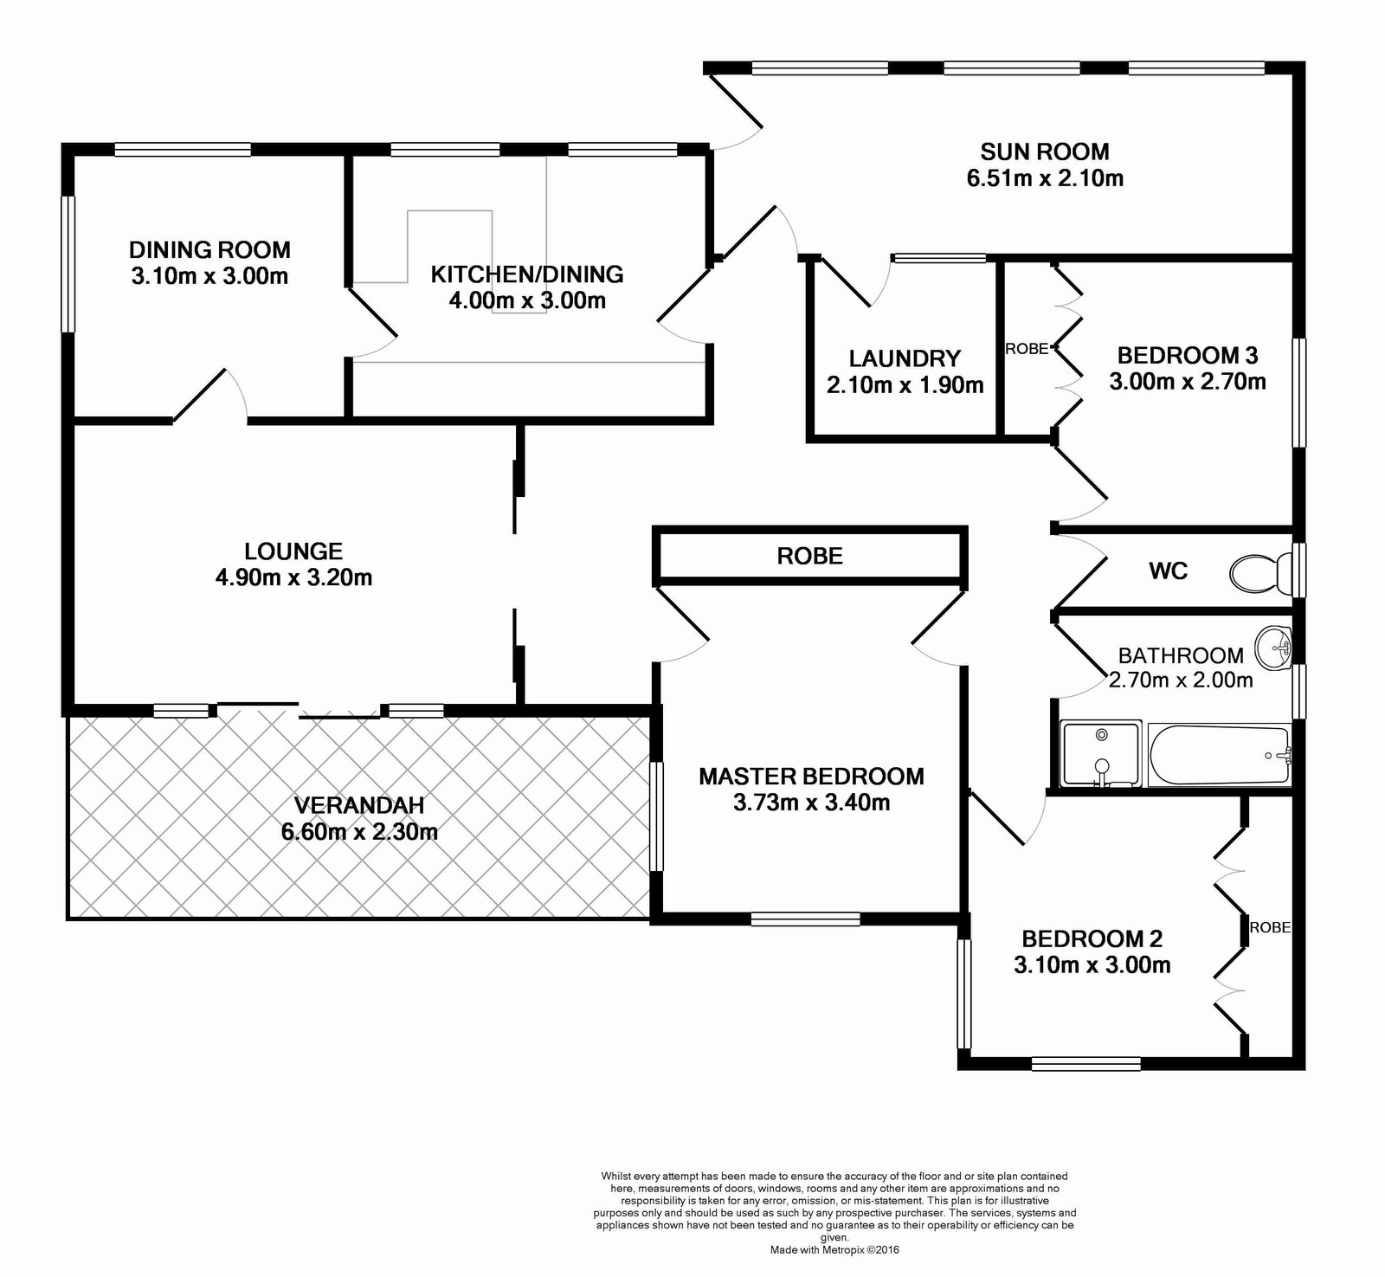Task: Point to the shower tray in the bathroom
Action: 1101,754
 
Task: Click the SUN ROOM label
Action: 1045,152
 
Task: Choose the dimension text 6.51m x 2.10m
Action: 1045,179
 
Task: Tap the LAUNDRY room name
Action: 905,358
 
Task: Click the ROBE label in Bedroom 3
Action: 1027,349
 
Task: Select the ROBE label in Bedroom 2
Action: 1270,927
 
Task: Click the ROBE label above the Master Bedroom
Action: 810,556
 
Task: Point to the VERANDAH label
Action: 359,805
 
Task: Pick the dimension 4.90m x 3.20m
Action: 294,577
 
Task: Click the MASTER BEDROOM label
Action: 812,776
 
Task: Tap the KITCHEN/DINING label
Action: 527,274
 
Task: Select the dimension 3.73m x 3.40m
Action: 812,803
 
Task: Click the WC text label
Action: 1168,571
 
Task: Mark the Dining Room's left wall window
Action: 68,263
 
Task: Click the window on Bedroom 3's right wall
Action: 1298,392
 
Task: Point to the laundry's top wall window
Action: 939,257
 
